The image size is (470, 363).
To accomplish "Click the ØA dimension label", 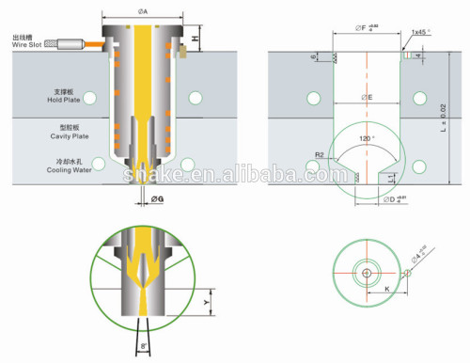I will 142,11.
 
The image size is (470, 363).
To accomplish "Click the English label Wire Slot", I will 25,43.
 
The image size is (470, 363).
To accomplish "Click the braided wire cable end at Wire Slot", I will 70,43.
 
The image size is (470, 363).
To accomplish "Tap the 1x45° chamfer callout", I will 420,32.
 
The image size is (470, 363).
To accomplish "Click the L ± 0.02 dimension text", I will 453,118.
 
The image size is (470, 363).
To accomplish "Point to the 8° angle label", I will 144,346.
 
